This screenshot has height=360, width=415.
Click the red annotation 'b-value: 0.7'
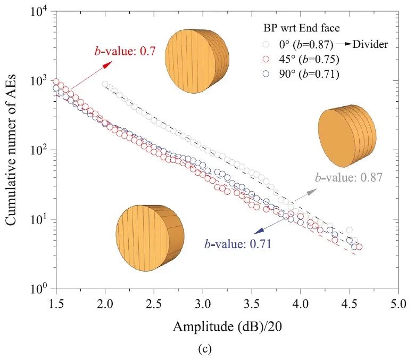click(x=124, y=51)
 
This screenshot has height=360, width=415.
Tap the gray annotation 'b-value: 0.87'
click(x=348, y=177)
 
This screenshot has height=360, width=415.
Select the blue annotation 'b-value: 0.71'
click(x=238, y=244)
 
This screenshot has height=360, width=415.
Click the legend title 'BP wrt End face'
click(x=302, y=28)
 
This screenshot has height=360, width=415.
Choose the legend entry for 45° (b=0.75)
click(x=301, y=59)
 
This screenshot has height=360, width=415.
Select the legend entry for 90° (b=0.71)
click(x=301, y=74)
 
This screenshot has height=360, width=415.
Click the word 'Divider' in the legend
click(x=370, y=44)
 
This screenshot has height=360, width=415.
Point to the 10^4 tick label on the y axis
click(x=39, y=11)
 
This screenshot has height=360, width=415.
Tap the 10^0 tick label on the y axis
click(x=39, y=289)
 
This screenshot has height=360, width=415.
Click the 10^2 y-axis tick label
click(x=39, y=150)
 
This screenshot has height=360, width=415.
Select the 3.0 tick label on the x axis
click(x=203, y=304)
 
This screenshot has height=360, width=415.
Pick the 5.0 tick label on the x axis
click(x=398, y=304)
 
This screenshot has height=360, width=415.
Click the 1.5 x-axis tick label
click(x=56, y=304)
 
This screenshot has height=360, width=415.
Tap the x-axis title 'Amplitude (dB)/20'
click(x=227, y=326)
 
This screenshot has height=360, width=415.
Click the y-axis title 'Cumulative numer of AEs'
click(x=11, y=150)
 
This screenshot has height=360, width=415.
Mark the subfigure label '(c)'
click(x=205, y=349)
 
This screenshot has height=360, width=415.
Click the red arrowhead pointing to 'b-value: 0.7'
click(x=107, y=64)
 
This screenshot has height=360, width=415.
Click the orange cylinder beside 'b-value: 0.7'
click(x=197, y=61)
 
